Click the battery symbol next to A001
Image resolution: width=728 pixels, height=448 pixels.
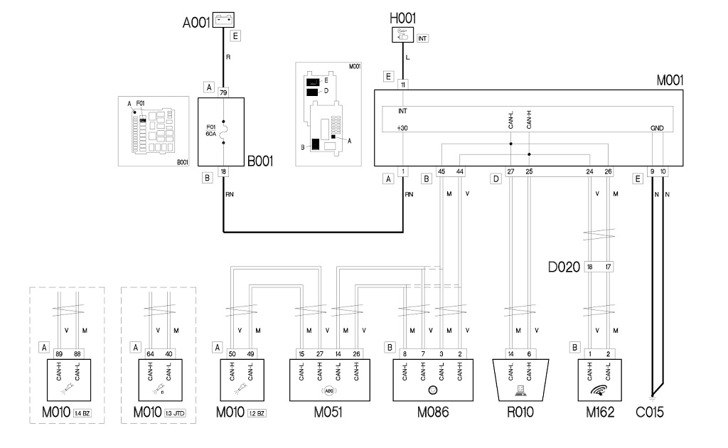pyautogui.click(x=224, y=21)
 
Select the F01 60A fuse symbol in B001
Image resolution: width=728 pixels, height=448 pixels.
pyautogui.click(x=224, y=132)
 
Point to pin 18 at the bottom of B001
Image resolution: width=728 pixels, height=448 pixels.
pyautogui.click(x=223, y=171)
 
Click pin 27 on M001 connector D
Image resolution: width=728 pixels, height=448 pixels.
pyautogui.click(x=510, y=171)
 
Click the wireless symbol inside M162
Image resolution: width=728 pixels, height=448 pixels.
pyautogui.click(x=599, y=390)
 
